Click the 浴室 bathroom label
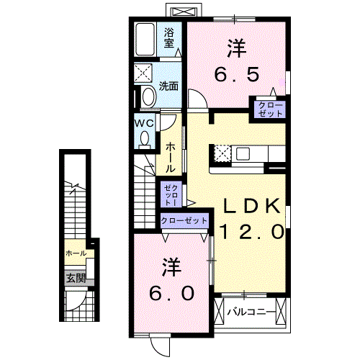[x=169, y=37]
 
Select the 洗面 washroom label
[x=168, y=85]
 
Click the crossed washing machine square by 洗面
[x=143, y=73]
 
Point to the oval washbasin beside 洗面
[x=148, y=97]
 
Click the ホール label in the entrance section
[x=76, y=253]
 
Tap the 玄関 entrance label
[x=76, y=277]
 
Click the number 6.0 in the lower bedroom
[x=171, y=293]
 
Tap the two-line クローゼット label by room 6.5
[x=267, y=109]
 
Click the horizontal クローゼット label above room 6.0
[x=184, y=220]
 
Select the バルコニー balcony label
[x=251, y=312]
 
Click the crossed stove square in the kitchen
[x=221, y=153]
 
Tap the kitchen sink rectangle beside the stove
[x=242, y=153]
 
